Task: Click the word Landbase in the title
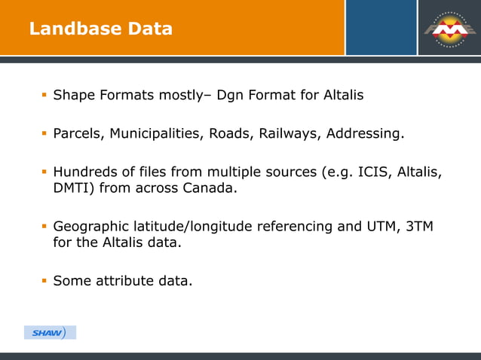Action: tap(65, 29)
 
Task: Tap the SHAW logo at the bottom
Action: tap(50, 332)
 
